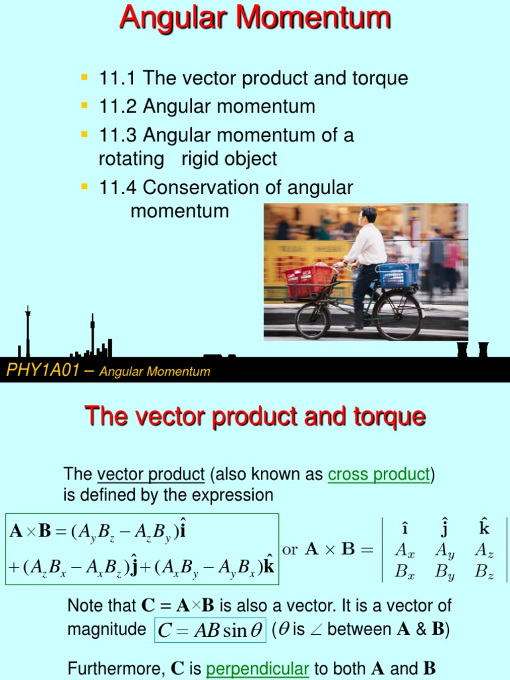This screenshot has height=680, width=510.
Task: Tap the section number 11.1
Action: coord(118,78)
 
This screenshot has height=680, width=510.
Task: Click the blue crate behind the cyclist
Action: coord(398,274)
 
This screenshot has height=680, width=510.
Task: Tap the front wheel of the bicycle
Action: coord(313,320)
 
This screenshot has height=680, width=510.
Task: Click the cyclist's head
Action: coord(367,216)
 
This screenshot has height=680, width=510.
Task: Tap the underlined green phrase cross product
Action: coord(379,474)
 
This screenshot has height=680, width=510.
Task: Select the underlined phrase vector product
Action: coord(151,474)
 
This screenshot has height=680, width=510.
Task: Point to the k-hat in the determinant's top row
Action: coord(483,529)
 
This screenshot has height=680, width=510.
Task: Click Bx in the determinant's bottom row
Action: coord(404,571)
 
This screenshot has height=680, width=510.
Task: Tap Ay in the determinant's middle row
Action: coord(444,551)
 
